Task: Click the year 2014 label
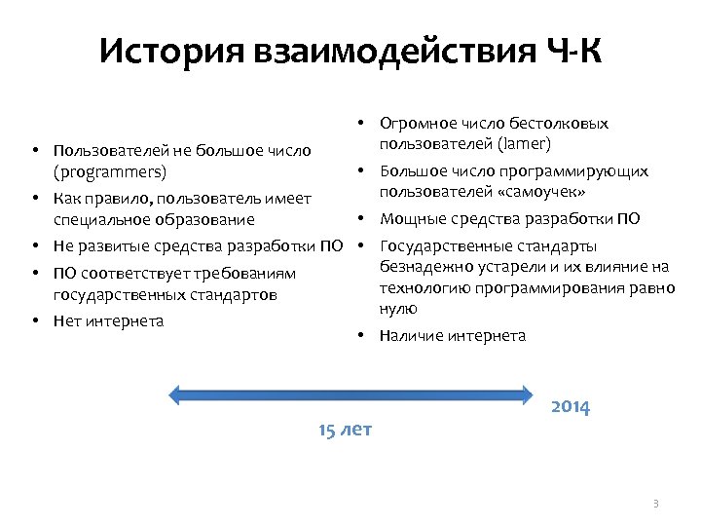coord(570,407)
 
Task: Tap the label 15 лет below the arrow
coord(345,430)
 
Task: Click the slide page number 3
coord(655,504)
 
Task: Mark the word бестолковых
coord(562,124)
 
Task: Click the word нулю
coord(398,308)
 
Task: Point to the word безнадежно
coord(422,266)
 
